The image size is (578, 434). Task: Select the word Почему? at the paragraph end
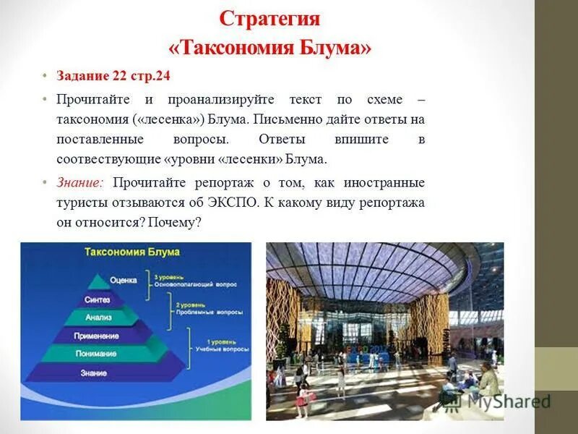pyautogui.click(x=173, y=223)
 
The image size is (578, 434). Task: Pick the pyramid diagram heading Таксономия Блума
pyautogui.click(x=132, y=252)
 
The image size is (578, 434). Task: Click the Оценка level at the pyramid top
pyautogui.click(x=123, y=280)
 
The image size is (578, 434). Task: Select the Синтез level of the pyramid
pyautogui.click(x=98, y=299)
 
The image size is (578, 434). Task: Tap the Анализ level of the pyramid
pyautogui.click(x=98, y=317)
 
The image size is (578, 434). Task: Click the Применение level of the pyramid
pyautogui.click(x=96, y=336)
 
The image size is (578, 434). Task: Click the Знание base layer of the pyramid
pyautogui.click(x=95, y=373)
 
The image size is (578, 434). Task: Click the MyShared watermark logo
pyautogui.click(x=498, y=401)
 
